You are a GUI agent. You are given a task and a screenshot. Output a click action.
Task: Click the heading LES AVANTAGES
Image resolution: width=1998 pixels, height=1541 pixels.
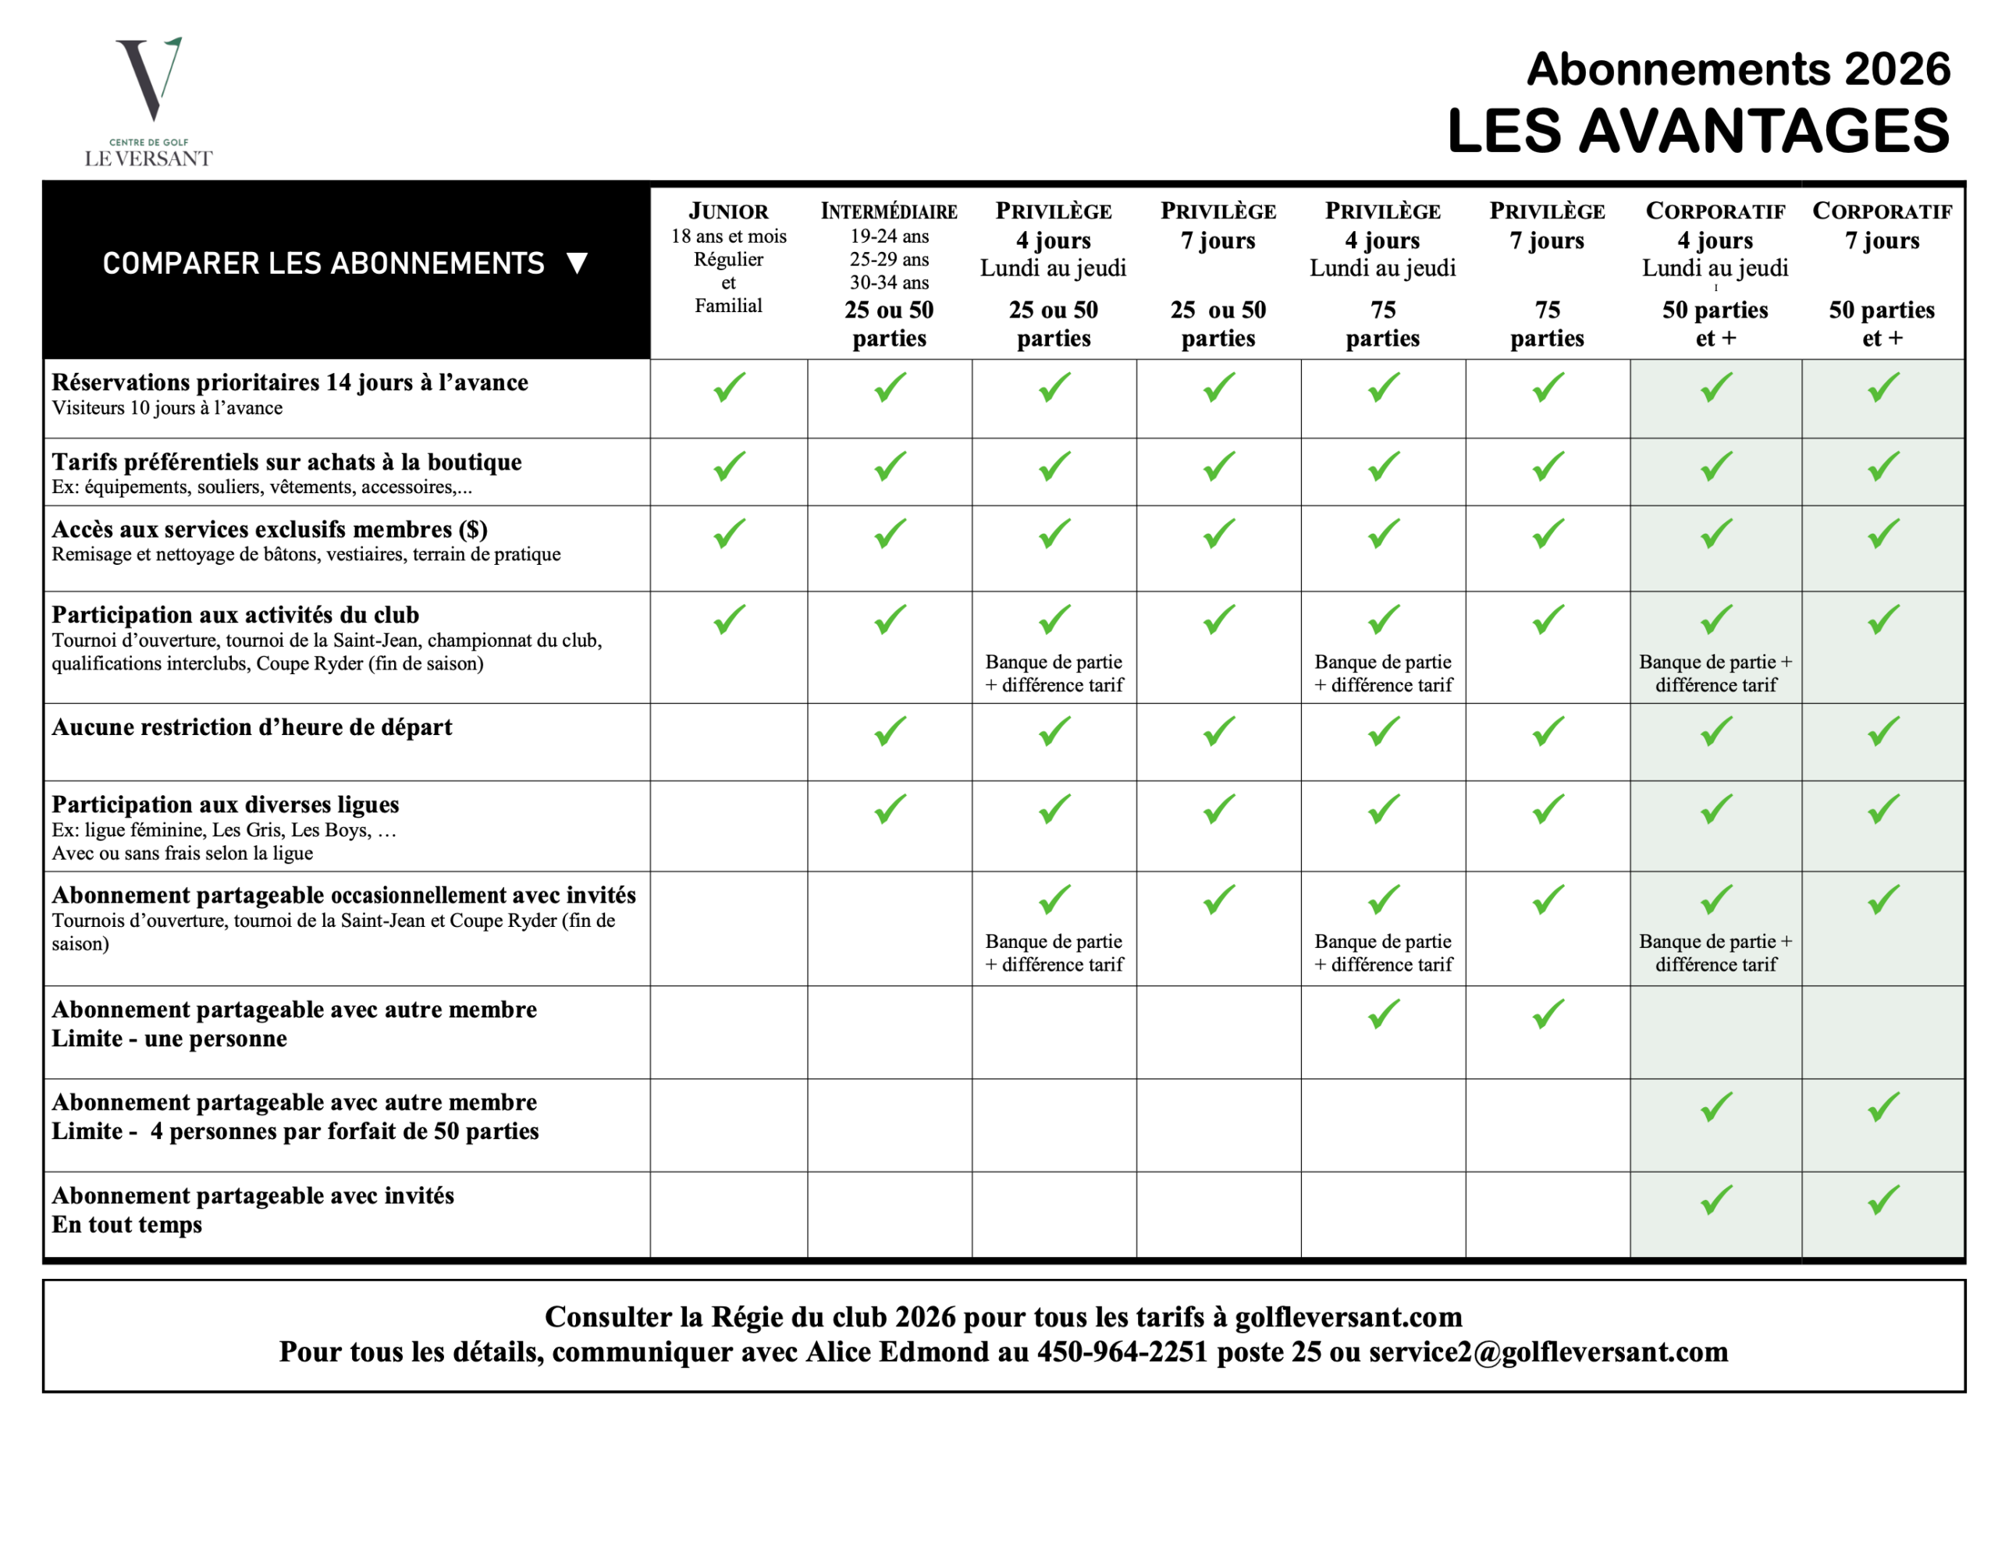(1698, 131)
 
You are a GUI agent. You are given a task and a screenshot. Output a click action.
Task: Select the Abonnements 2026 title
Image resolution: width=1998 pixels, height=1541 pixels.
(1738, 69)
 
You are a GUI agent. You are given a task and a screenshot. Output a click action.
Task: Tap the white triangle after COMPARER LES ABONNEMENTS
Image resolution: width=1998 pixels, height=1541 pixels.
(576, 264)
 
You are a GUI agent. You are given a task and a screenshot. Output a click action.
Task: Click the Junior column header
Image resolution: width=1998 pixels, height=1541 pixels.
(728, 211)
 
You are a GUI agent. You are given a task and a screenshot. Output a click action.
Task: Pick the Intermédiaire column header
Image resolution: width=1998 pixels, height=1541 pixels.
(889, 211)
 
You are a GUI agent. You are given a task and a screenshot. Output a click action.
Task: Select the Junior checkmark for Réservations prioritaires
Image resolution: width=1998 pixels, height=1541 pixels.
(729, 387)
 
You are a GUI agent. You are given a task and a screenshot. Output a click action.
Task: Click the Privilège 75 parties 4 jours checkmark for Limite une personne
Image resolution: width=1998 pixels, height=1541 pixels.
(1383, 1014)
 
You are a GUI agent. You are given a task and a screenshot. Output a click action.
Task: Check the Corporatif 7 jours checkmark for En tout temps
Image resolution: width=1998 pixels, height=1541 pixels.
(1882, 1200)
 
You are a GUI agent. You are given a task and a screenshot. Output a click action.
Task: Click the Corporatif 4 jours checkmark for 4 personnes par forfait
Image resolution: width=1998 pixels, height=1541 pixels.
(1716, 1107)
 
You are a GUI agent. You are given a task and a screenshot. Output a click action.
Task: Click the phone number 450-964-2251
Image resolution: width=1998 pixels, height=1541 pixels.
(1122, 1351)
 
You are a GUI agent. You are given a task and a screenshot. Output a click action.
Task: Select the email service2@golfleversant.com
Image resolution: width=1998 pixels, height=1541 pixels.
(1548, 1351)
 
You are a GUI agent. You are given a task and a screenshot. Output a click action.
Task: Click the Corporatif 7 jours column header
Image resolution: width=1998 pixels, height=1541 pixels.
(1882, 211)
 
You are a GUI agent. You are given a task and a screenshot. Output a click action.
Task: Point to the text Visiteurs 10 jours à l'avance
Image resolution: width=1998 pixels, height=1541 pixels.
(168, 408)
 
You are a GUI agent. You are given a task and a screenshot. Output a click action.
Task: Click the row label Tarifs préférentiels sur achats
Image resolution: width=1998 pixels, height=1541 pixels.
(286, 462)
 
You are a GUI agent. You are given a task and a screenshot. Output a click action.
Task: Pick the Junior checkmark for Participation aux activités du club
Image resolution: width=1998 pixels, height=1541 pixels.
(729, 620)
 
